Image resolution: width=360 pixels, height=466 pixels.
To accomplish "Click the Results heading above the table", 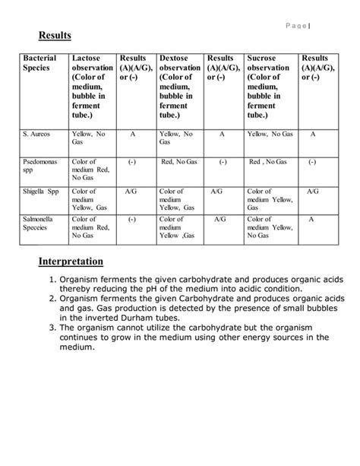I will [x=54, y=35].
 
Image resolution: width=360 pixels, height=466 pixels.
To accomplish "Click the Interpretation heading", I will [x=71, y=262].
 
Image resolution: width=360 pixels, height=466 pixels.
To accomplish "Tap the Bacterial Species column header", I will [x=39, y=63].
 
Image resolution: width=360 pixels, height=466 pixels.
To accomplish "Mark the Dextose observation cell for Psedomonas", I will [x=179, y=162].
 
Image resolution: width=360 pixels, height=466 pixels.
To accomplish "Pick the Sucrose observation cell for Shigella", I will [x=269, y=200].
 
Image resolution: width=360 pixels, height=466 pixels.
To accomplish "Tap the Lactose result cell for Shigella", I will [x=131, y=192].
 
